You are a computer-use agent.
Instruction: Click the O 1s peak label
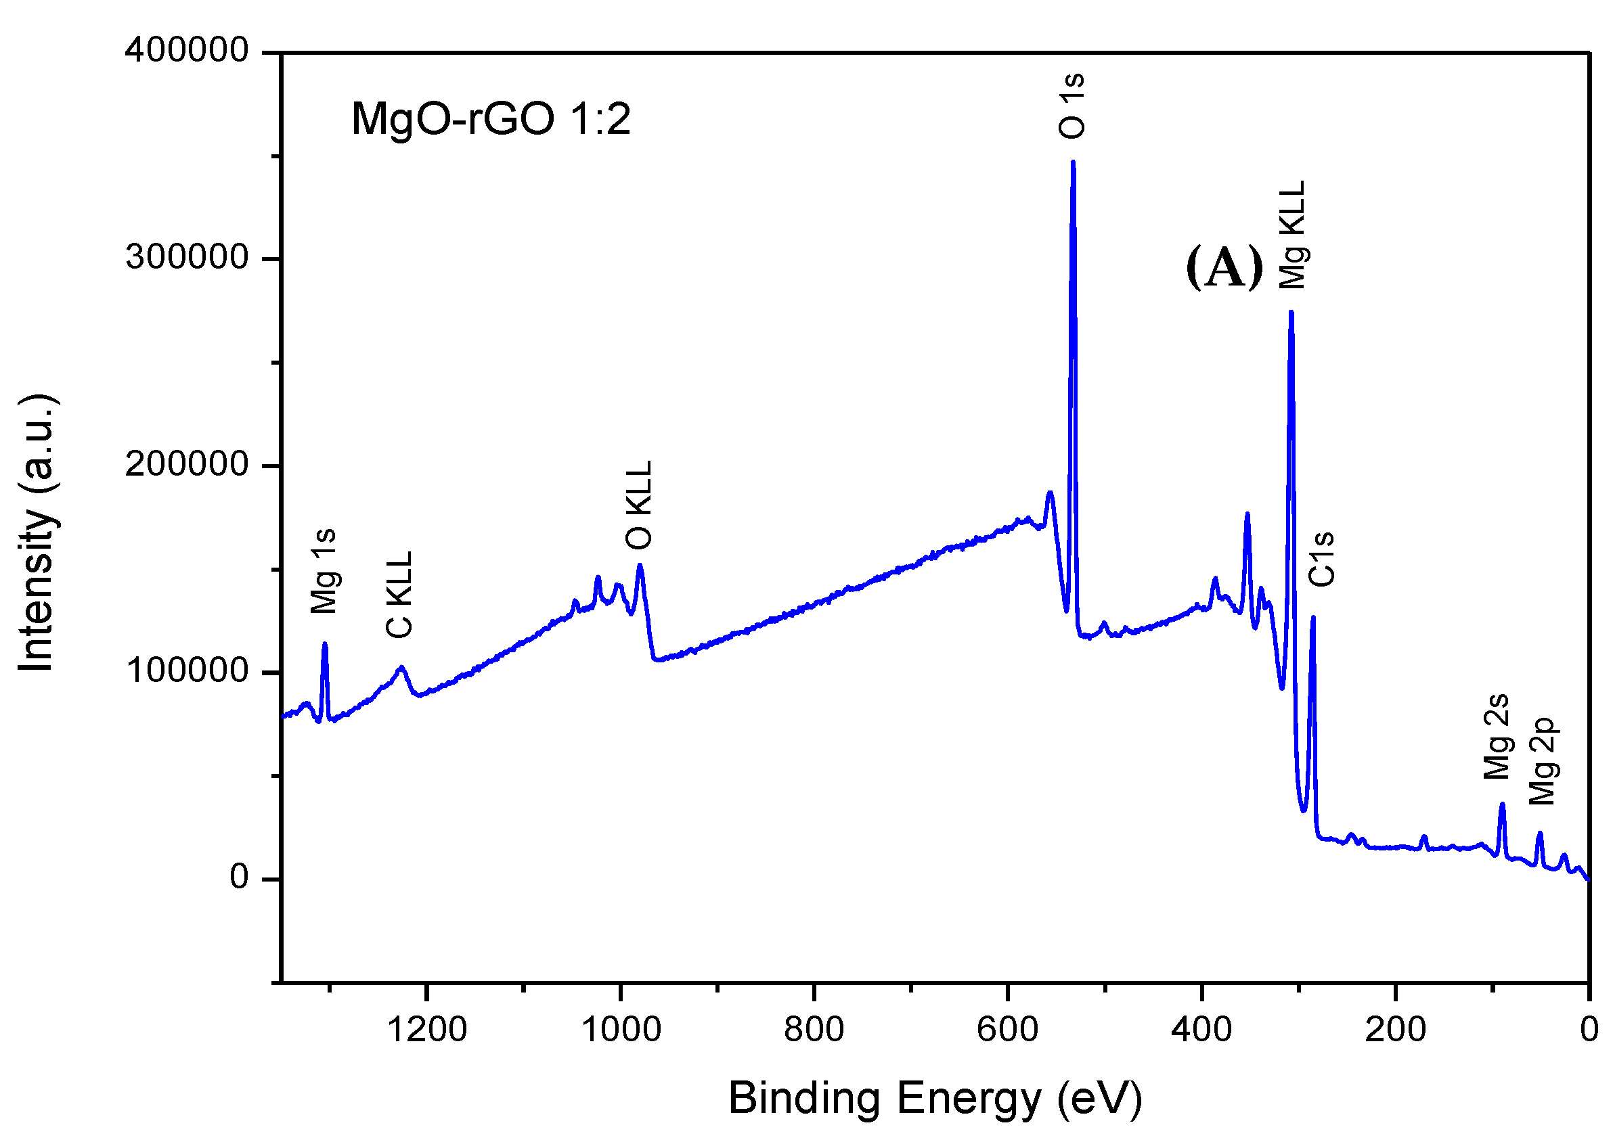pyautogui.click(x=1072, y=106)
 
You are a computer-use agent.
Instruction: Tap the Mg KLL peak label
pyautogui.click(x=1292, y=235)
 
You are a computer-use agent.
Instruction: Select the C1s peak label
pyautogui.click(x=1321, y=559)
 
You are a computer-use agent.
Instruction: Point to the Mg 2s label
pyautogui.click(x=1497, y=737)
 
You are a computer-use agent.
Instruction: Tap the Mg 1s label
pyautogui.click(x=324, y=571)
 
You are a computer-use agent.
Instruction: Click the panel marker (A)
pyautogui.click(x=1224, y=267)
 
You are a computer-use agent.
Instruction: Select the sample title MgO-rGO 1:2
pyautogui.click(x=490, y=118)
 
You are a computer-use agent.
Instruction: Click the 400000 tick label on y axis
pyautogui.click(x=187, y=51)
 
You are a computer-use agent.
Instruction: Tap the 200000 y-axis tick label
pyautogui.click(x=187, y=464)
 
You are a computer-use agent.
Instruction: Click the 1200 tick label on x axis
pyautogui.click(x=427, y=1030)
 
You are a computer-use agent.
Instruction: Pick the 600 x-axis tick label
pyautogui.click(x=1007, y=1030)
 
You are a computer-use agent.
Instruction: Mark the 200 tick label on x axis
pyautogui.click(x=1395, y=1030)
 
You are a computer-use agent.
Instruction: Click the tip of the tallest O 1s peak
pyautogui.click(x=1073, y=162)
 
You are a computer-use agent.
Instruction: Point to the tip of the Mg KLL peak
pyautogui.click(x=1291, y=312)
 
